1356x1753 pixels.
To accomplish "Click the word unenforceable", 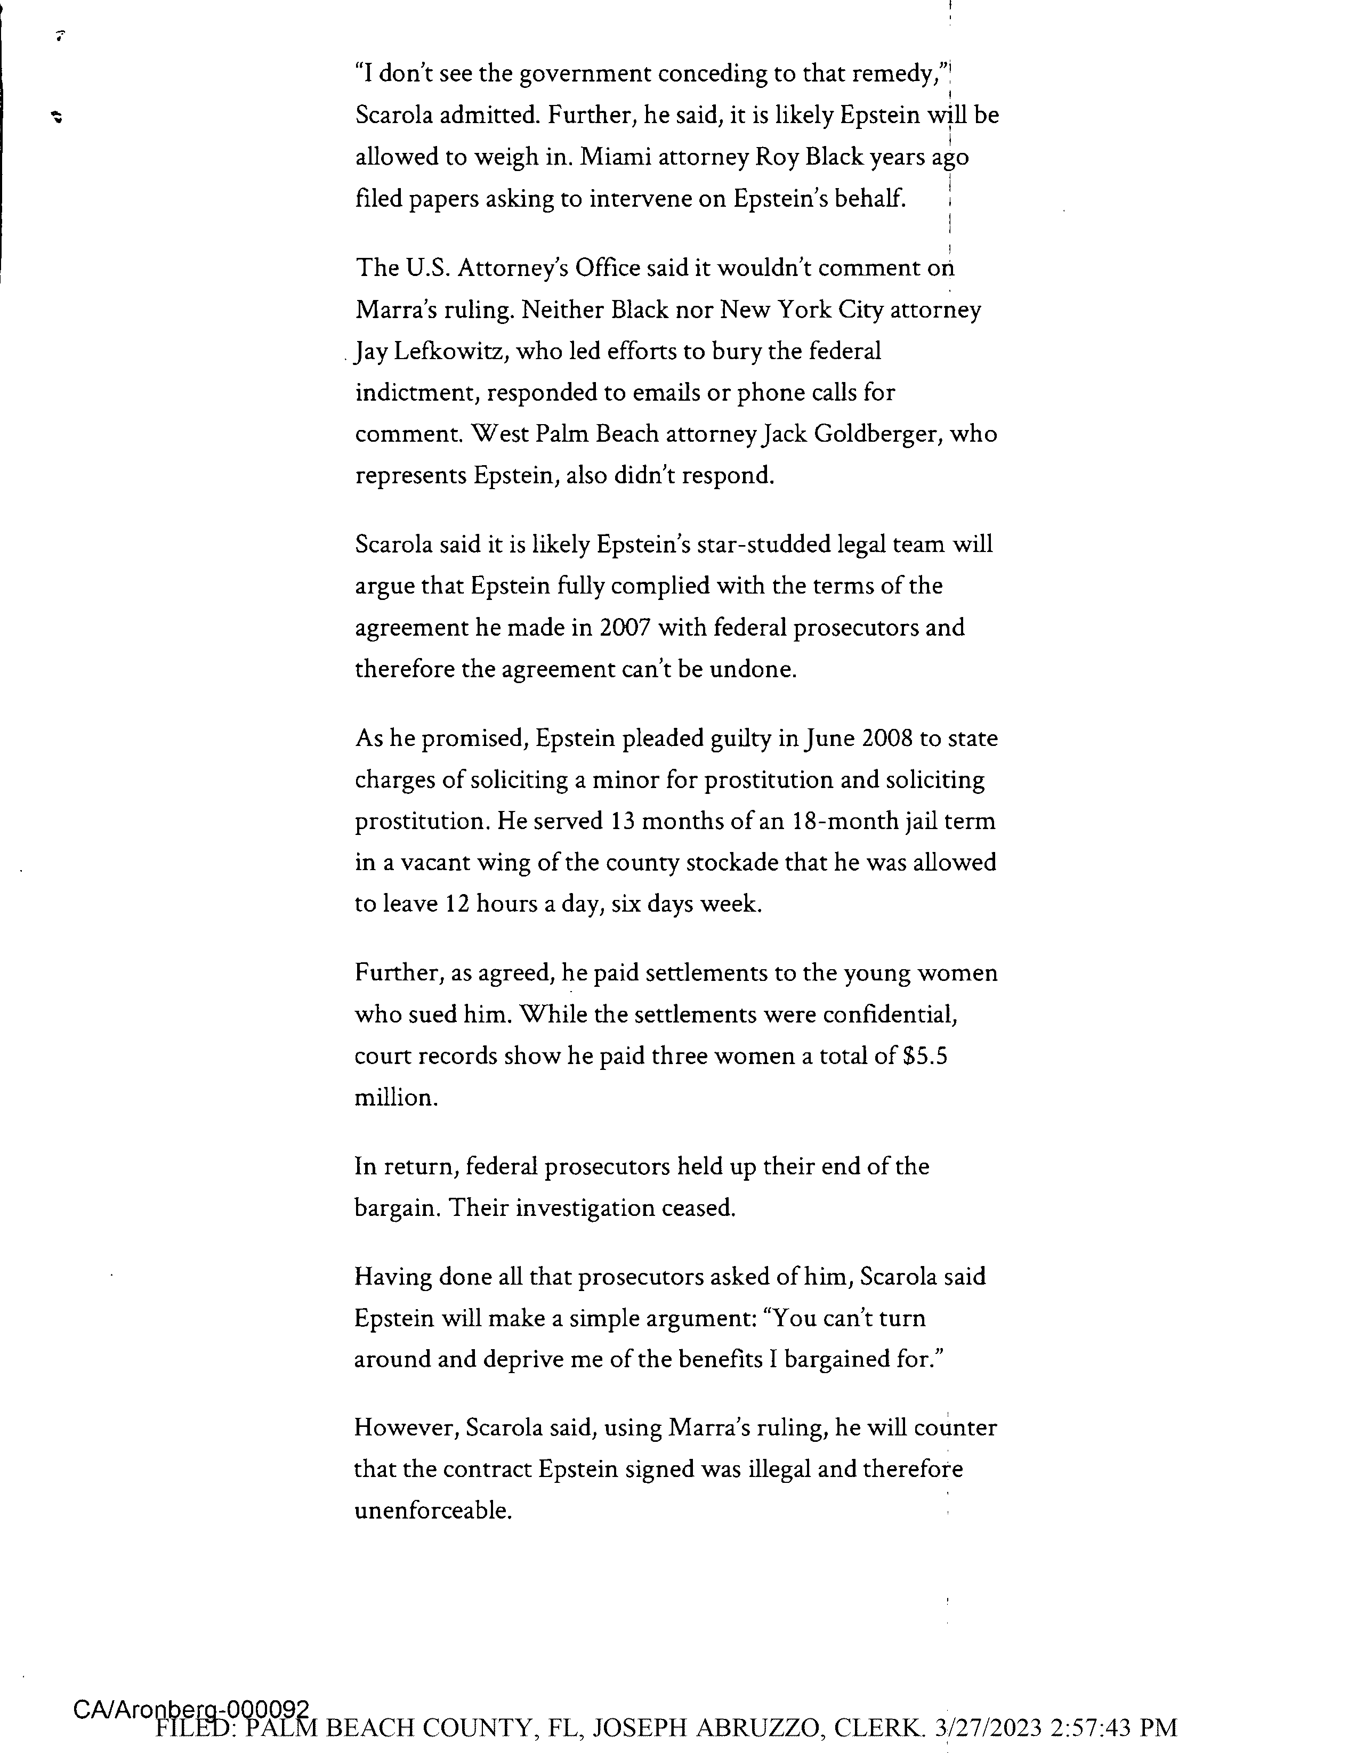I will point(432,1512).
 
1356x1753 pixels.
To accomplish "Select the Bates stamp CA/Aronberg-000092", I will point(191,1709).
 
